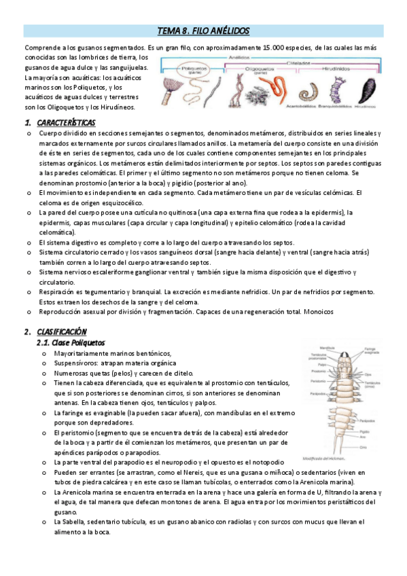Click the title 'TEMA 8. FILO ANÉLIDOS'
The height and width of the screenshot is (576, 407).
[x=204, y=31]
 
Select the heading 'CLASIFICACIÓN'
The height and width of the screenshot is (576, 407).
[x=62, y=331]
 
